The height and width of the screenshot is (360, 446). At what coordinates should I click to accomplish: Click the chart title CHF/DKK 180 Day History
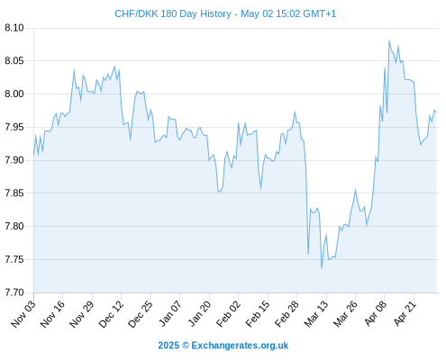pyautogui.click(x=173, y=13)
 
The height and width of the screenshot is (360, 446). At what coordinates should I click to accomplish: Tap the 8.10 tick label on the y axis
pyautogui.click(x=14, y=28)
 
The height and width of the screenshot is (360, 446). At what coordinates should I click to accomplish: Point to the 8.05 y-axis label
pyautogui.click(x=14, y=61)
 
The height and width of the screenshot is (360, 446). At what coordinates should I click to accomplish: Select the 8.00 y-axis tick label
pyautogui.click(x=14, y=94)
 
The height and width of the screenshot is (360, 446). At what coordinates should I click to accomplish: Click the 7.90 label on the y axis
pyautogui.click(x=14, y=160)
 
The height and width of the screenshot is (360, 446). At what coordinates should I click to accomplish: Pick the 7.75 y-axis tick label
pyautogui.click(x=14, y=259)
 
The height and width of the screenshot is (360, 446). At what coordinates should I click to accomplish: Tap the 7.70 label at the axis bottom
pyautogui.click(x=14, y=292)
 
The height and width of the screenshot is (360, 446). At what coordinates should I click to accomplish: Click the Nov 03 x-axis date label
pyautogui.click(x=23, y=314)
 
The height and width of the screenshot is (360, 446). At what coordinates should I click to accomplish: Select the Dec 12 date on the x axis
pyautogui.click(x=111, y=314)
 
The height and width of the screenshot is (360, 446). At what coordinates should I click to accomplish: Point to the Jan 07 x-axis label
pyautogui.click(x=170, y=314)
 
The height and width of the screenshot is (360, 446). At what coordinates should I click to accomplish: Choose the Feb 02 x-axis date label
pyautogui.click(x=228, y=314)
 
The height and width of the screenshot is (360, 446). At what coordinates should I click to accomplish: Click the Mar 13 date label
pyautogui.click(x=316, y=314)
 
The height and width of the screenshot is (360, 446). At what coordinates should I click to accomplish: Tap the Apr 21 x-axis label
pyautogui.click(x=405, y=313)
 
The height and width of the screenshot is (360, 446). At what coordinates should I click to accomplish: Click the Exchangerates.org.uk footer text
pyautogui.click(x=240, y=346)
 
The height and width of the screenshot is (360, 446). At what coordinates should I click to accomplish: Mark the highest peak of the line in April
pyautogui.click(x=389, y=40)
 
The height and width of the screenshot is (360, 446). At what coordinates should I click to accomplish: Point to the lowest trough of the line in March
pyautogui.click(x=322, y=268)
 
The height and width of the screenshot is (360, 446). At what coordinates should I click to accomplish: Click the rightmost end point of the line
pyautogui.click(x=436, y=112)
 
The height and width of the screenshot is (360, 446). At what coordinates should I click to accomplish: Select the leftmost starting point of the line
pyautogui.click(x=33, y=155)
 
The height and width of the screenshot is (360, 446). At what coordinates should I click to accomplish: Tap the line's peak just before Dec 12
pyautogui.click(x=114, y=67)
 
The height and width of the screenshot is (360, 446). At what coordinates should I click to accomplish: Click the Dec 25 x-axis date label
pyautogui.click(x=141, y=314)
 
